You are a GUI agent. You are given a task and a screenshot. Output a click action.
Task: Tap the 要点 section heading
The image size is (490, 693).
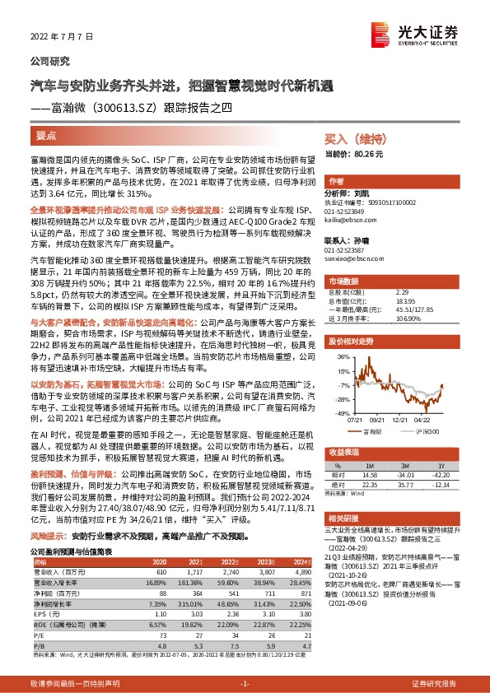pos(47,134)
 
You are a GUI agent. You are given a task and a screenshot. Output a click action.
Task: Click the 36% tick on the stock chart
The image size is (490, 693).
pos(343,356)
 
